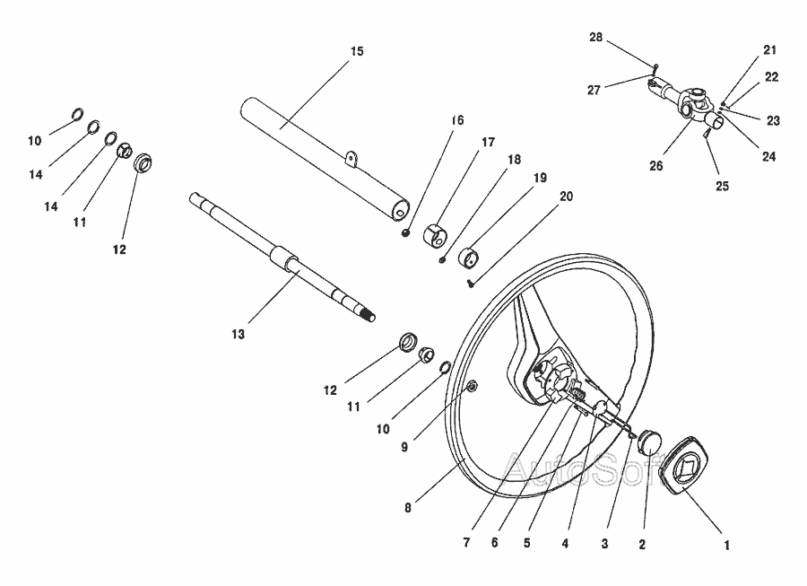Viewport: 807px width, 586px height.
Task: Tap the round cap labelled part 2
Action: (649, 442)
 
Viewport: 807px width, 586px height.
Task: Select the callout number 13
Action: (238, 334)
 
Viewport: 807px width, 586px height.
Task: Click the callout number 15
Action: (357, 51)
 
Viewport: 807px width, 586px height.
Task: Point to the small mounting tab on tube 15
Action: (351, 159)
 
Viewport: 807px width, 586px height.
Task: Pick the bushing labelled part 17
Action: (435, 235)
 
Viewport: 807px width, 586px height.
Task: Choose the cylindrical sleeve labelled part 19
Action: (468, 257)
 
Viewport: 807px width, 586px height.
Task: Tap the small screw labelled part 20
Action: (470, 283)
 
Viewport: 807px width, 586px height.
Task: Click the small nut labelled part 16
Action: (405, 232)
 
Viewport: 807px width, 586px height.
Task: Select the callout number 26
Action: (655, 166)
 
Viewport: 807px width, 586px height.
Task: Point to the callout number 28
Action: (595, 37)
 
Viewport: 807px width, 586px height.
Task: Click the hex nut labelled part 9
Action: (472, 386)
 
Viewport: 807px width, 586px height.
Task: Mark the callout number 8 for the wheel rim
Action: (408, 508)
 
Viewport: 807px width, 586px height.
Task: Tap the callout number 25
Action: (722, 186)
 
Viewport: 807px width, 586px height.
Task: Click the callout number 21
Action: (769, 50)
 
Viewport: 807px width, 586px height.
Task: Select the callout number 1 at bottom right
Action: (726, 545)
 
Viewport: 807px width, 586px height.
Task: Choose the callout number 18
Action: (514, 160)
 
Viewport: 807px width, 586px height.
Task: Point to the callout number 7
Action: (466, 542)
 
